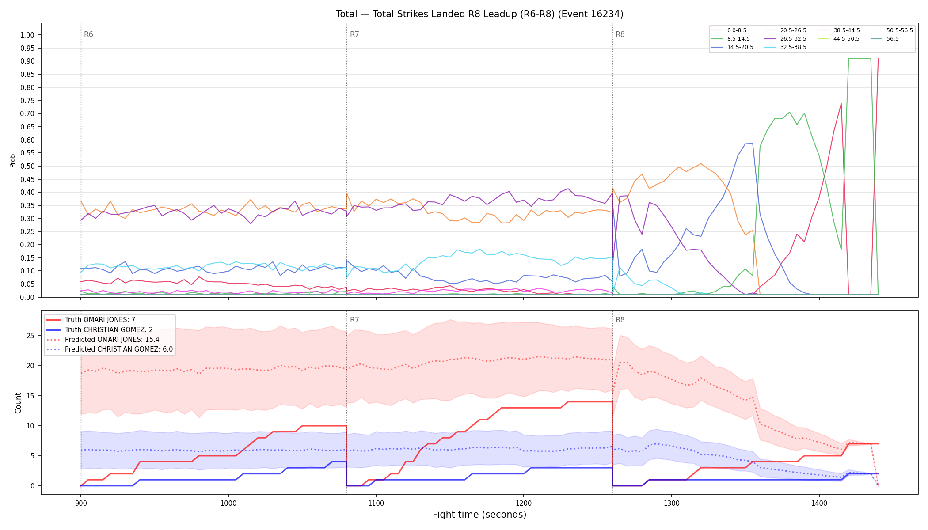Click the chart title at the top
[x=479, y=14]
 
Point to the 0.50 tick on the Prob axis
[x=27, y=166]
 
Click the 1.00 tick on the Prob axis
[x=27, y=35]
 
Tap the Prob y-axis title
[x=13, y=160]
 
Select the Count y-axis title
[x=18, y=403]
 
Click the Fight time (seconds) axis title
[x=479, y=515]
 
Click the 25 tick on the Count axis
[x=30, y=336]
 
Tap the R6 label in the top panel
[x=88, y=34]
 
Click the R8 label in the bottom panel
[x=620, y=320]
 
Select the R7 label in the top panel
[x=354, y=34]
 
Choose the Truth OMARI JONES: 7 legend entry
[x=100, y=320]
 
